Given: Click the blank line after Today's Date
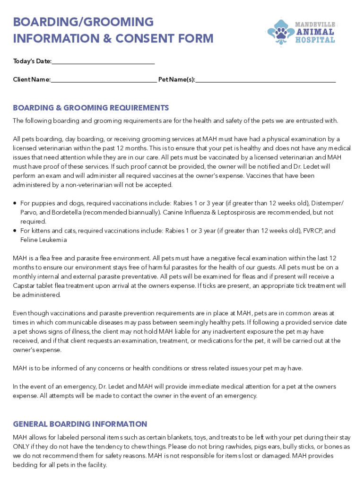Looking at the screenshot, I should click(103, 62).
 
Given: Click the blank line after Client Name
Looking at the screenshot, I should click(104, 80).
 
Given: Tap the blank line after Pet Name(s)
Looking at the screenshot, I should click(265, 80).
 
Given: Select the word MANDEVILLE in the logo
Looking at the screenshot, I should click(315, 24).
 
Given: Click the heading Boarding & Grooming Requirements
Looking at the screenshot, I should click(91, 108).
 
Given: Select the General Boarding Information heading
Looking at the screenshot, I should click(80, 424).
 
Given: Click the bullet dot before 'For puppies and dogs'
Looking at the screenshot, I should click(15, 203).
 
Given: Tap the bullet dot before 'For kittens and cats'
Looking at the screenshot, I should click(15, 231).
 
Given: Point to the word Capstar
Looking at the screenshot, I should click(25, 285).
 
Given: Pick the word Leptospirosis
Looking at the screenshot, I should click(237, 212).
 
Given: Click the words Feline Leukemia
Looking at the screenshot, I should click(43, 240).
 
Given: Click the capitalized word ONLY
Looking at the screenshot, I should click(22, 446).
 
